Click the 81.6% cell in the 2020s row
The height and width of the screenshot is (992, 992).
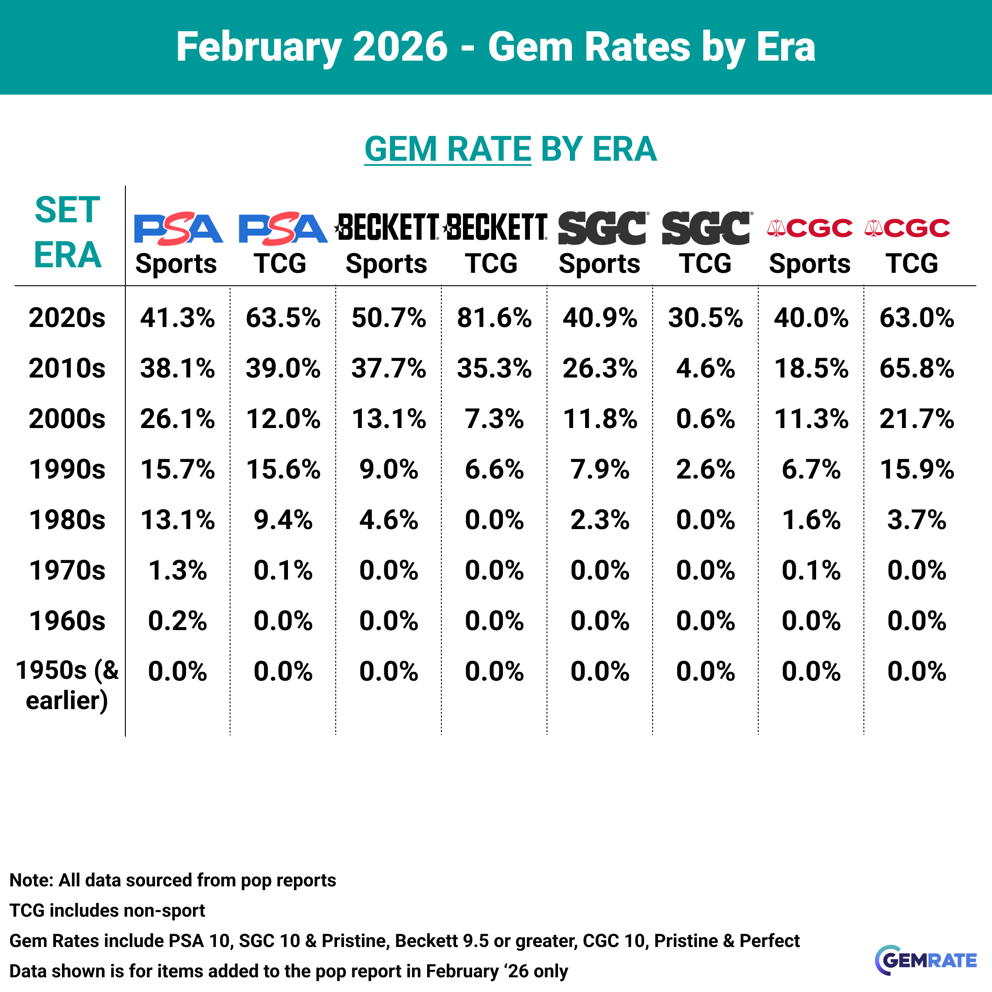494,318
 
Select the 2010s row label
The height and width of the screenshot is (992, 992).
67,368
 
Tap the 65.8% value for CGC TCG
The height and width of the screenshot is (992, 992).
917,368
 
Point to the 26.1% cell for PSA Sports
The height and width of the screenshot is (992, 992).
177,418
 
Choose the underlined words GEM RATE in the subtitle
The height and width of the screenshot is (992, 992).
447,149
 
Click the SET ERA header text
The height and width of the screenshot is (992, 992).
67,232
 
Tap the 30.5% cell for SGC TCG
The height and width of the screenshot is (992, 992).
705,318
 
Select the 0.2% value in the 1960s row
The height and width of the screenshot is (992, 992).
177,621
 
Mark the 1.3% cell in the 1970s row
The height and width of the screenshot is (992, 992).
177,570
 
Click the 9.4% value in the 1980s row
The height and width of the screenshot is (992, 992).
283,519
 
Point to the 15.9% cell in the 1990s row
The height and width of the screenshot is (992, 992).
917,469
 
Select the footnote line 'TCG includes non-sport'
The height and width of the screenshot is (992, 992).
107,910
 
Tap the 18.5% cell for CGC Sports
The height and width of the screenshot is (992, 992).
811,368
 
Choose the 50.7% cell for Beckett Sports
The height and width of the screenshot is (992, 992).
389,318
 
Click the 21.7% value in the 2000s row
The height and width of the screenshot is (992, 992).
917,418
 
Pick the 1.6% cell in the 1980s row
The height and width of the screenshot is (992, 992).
811,519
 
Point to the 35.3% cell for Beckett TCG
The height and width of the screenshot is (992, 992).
494,368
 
